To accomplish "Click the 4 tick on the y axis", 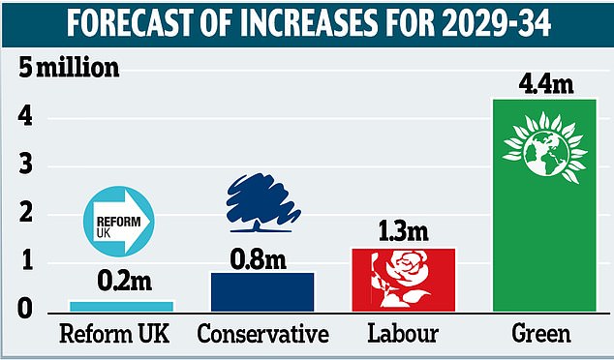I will tap(27, 118).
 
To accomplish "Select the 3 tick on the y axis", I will tap(27, 166).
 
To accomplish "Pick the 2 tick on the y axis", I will tap(27, 214).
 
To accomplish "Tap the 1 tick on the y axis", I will tap(27, 262).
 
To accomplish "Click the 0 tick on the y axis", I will tap(27, 310).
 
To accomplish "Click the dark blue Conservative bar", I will tap(262, 291).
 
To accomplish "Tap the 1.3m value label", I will tap(400, 232).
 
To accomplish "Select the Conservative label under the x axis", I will tap(262, 336).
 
